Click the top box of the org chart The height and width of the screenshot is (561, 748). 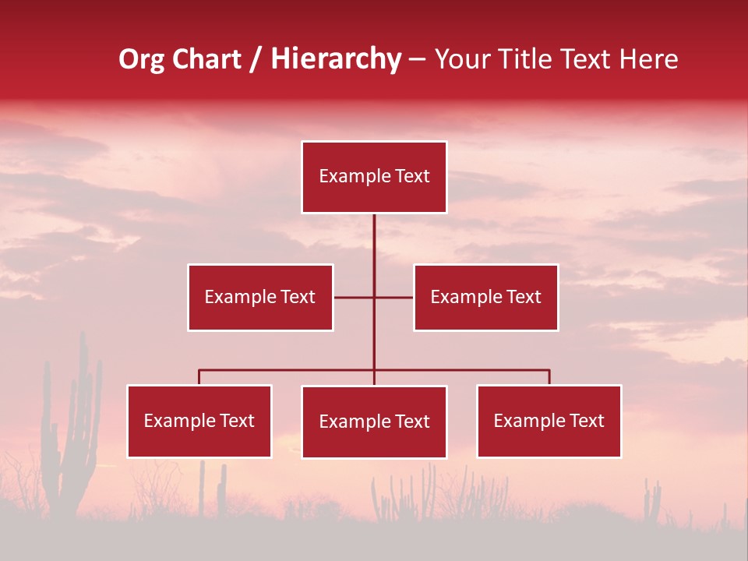pos(374,177)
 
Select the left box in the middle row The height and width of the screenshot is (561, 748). pos(260,297)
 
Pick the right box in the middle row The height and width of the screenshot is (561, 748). pos(485,297)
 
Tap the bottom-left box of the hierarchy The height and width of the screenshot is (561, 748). pos(199,421)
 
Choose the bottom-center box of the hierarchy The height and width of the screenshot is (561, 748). pos(374,422)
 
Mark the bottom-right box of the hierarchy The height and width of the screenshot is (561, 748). pos(549,421)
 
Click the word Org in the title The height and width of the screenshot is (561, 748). pos(142,59)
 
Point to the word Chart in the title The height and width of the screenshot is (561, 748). pos(206,59)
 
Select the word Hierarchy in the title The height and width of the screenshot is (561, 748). pos(336,59)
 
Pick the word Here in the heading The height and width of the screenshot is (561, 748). pos(647,59)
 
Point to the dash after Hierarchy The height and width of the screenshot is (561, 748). pos(417,60)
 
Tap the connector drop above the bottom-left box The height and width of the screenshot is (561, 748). pos(199,377)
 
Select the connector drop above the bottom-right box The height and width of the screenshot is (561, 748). pos(549,377)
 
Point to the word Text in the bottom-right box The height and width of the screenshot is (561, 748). pos(586,421)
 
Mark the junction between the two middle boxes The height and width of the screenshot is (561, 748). pos(374,297)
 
